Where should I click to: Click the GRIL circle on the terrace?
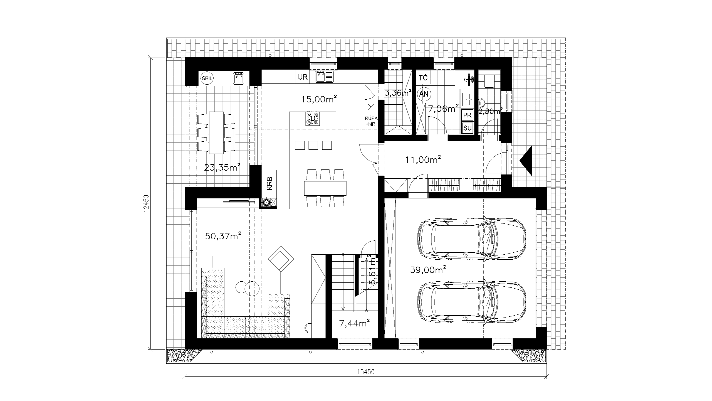pyautogui.click(x=207, y=78)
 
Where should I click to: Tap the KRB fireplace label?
pyautogui.click(x=270, y=184)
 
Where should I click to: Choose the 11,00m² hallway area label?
pyautogui.click(x=423, y=159)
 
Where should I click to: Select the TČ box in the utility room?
pyautogui.click(x=423, y=78)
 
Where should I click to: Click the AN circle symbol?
pyautogui.click(x=424, y=94)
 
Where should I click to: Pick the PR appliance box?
pyautogui.click(x=468, y=115)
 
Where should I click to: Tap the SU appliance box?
pyautogui.click(x=468, y=128)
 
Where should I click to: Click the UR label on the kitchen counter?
pyautogui.click(x=303, y=77)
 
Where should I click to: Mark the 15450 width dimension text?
pyautogui.click(x=366, y=372)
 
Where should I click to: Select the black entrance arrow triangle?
pyautogui.click(x=526, y=161)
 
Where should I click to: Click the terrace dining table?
pyautogui.click(x=216, y=132)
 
